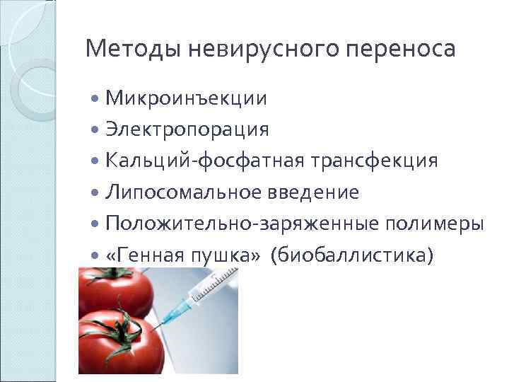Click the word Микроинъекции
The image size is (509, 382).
click(x=186, y=98)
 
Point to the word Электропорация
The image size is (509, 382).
click(x=187, y=129)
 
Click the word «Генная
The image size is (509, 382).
click(x=144, y=255)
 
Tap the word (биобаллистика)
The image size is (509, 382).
click(x=356, y=255)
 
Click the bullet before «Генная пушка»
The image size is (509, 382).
click(x=96, y=255)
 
